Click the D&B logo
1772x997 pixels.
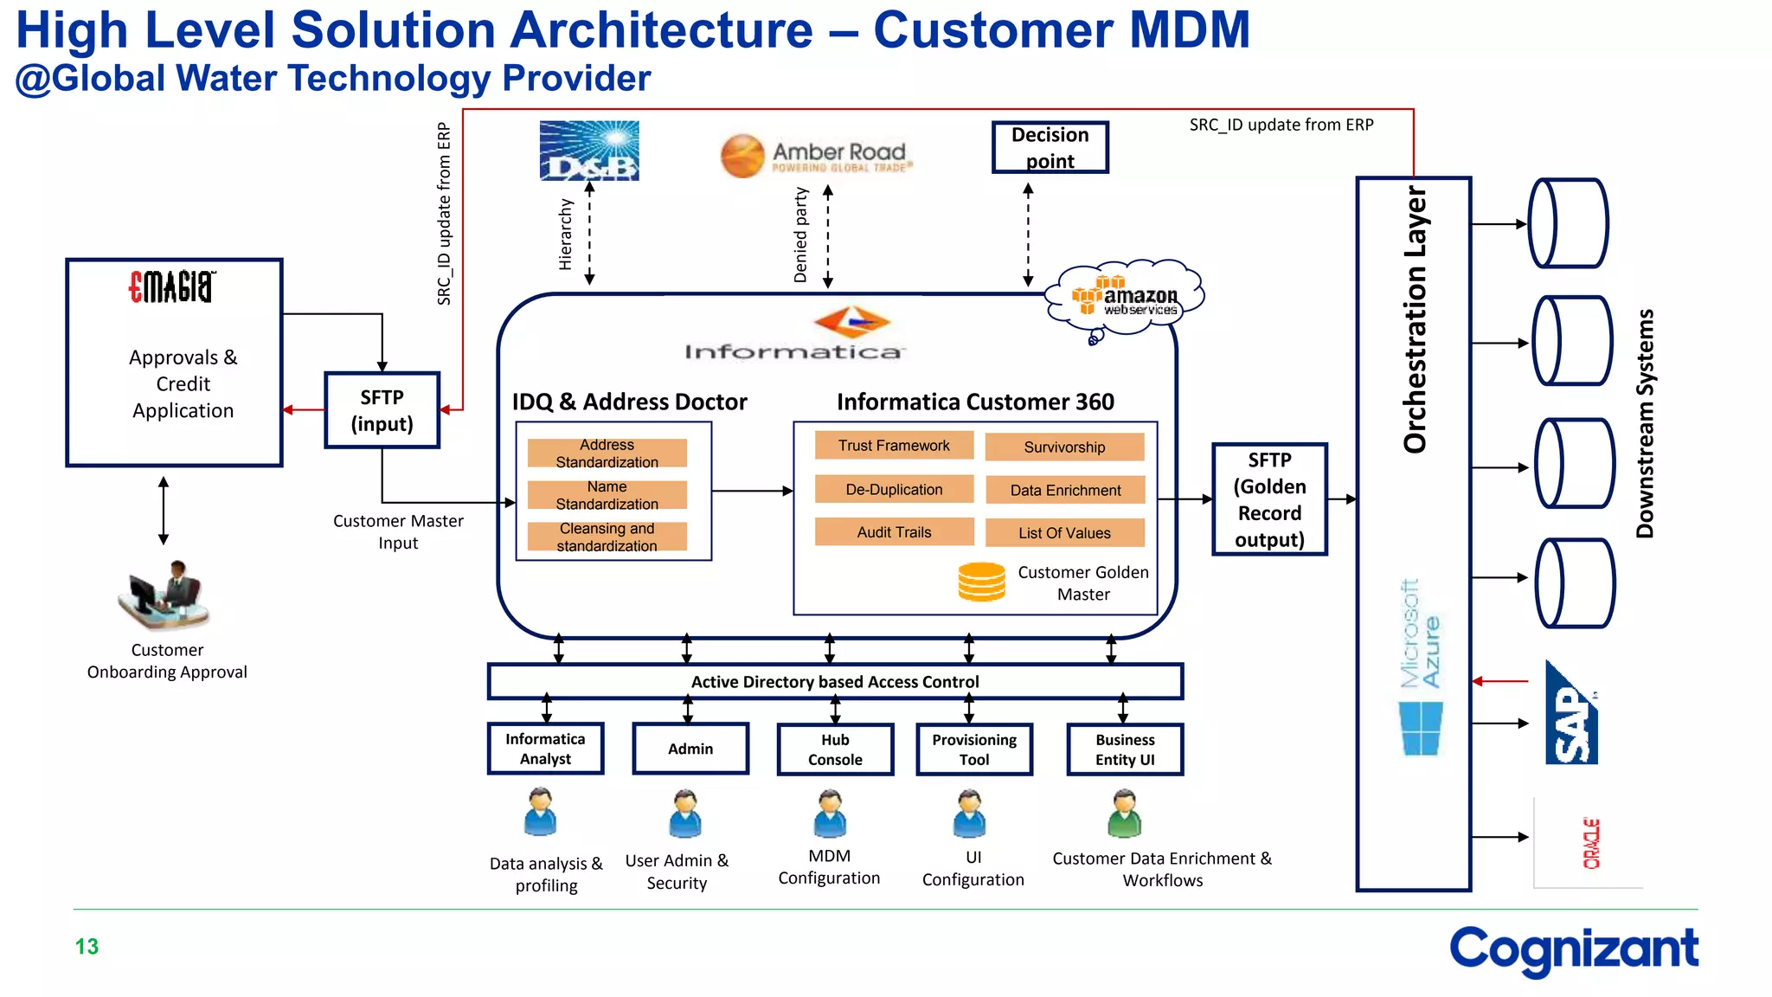pyautogui.click(x=589, y=151)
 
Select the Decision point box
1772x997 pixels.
pyautogui.click(x=1050, y=148)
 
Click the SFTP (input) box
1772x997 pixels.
pyautogui.click(x=382, y=410)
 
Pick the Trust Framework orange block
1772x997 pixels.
pyautogui.click(x=893, y=446)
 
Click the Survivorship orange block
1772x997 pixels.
pyautogui.click(x=1064, y=447)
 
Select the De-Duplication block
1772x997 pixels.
pyautogui.click(x=893, y=490)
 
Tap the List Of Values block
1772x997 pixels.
pyautogui.click(x=1064, y=533)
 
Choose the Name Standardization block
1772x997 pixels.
pyautogui.click(x=607, y=495)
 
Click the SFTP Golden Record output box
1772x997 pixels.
pyautogui.click(x=1268, y=499)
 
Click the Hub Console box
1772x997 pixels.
pyautogui.click(x=835, y=749)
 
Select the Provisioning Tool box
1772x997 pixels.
pyautogui.click(x=974, y=749)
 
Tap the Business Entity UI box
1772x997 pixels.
pyautogui.click(x=1124, y=749)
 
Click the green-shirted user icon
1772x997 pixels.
pyautogui.click(x=1124, y=814)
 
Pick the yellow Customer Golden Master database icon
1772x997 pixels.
pyautogui.click(x=981, y=582)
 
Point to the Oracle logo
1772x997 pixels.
pyautogui.click(x=1591, y=843)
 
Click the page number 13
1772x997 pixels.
pyautogui.click(x=87, y=947)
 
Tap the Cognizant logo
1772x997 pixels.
pyautogui.click(x=1573, y=950)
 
